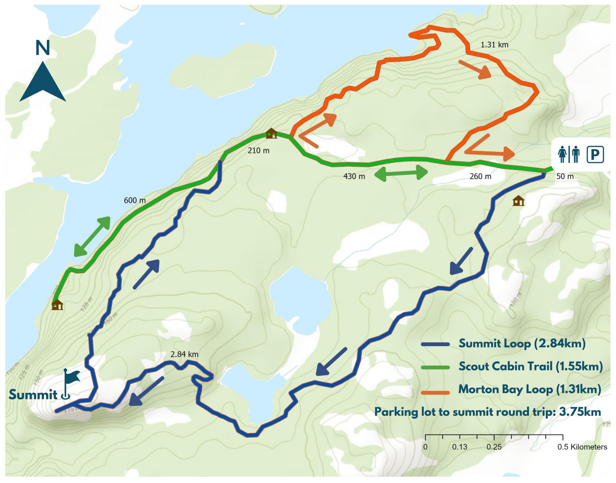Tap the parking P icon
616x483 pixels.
595,154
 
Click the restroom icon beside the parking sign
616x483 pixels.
569,154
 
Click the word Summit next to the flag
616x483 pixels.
33,394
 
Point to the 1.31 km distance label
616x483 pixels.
494,45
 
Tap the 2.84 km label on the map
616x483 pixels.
184,354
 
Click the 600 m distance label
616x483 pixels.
135,200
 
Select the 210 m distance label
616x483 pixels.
258,151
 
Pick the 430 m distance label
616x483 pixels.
354,176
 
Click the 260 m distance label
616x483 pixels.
480,176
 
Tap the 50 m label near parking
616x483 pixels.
565,176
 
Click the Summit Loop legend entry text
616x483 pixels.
522,344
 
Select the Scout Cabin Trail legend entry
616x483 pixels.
530,366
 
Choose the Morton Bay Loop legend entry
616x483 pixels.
529,389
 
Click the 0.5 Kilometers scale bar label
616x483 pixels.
582,447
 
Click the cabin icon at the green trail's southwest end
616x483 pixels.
57,305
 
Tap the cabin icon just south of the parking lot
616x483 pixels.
518,201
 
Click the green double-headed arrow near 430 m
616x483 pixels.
401,173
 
